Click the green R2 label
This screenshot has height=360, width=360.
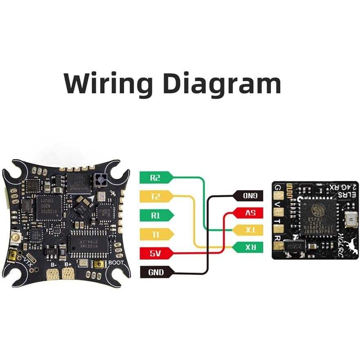point(156,178)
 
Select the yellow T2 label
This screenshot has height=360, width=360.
point(156,197)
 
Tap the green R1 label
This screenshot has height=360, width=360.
point(156,216)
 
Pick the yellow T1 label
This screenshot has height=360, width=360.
point(156,234)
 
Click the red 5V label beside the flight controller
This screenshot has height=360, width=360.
point(156,253)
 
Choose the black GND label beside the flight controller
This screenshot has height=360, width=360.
point(156,271)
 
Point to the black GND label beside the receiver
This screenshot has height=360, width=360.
point(249,196)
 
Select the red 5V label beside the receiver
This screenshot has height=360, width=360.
point(249,213)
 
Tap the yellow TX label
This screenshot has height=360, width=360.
point(249,230)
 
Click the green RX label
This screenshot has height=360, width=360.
point(249,247)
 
